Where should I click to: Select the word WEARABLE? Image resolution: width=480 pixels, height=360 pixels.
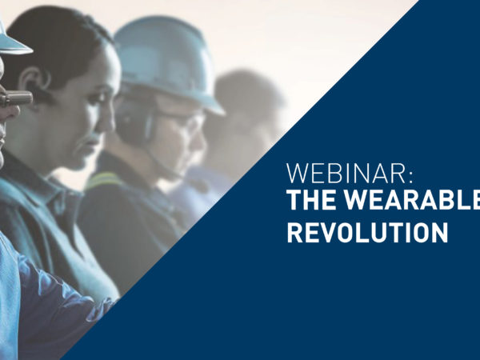(412, 200)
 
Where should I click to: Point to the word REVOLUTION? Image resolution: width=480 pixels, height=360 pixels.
(367, 232)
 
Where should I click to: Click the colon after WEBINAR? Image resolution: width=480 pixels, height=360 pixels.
(410, 177)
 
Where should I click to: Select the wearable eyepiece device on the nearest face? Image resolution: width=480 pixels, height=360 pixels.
(16, 98)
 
